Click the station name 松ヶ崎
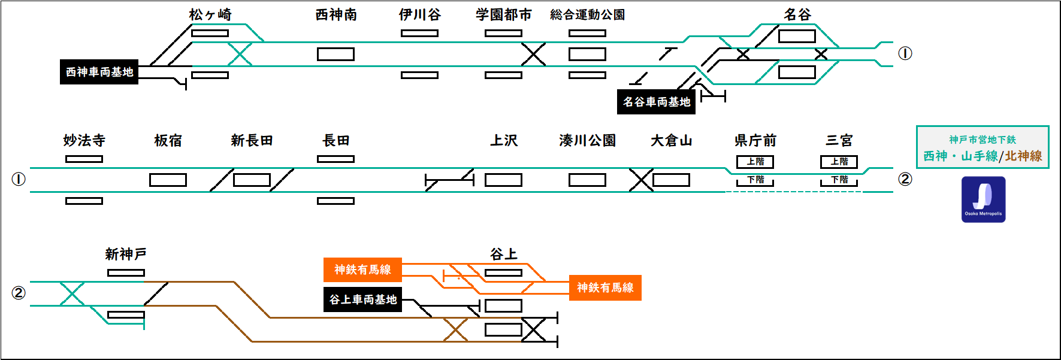(x=210, y=14)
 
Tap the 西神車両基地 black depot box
(x=99, y=72)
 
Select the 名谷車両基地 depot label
(x=657, y=102)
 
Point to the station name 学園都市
(x=503, y=14)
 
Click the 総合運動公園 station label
(x=587, y=14)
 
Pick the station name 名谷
(x=797, y=14)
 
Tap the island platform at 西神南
(x=335, y=55)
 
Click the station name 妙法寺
(x=84, y=140)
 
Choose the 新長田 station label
(x=252, y=140)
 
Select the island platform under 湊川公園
(x=587, y=180)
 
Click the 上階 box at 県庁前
(x=755, y=162)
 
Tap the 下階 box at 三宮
(x=839, y=180)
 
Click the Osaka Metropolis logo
(x=983, y=199)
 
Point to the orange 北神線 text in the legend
(x=1023, y=156)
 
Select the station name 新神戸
(x=126, y=254)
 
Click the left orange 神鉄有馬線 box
(x=362, y=270)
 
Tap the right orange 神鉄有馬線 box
(x=605, y=288)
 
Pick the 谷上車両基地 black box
(x=363, y=300)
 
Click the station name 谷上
(x=503, y=254)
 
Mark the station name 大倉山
(x=671, y=140)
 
